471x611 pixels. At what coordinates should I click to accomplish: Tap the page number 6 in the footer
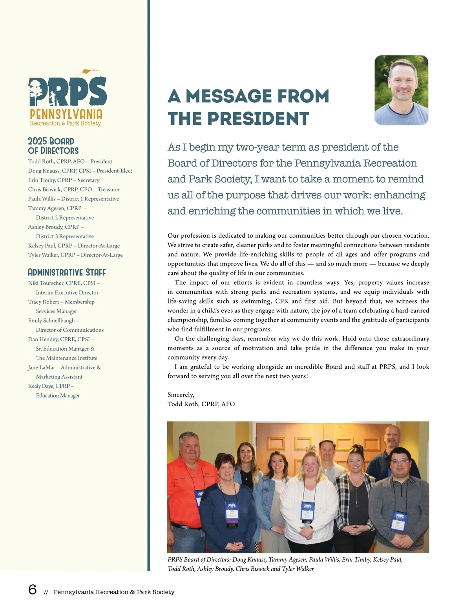tap(33, 589)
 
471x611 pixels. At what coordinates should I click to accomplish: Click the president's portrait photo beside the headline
tap(401, 90)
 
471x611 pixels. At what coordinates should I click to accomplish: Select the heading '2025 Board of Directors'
tap(53, 146)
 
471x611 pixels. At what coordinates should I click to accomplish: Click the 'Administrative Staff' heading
tap(67, 272)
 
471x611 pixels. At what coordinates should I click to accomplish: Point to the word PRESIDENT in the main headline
tap(258, 118)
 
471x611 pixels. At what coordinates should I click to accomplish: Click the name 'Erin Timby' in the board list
tap(42, 180)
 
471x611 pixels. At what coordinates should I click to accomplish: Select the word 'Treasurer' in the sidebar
tap(109, 189)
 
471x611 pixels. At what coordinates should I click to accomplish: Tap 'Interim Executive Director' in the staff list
tap(67, 293)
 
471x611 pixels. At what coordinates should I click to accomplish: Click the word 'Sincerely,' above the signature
tap(181, 395)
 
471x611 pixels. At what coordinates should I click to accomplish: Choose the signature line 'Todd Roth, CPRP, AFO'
tap(201, 404)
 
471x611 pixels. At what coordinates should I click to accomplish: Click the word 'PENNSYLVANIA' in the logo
tap(66, 114)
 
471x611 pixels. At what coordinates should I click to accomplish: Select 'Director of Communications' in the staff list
tap(69, 330)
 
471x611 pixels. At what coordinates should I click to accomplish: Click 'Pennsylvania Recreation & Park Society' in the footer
tap(114, 592)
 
